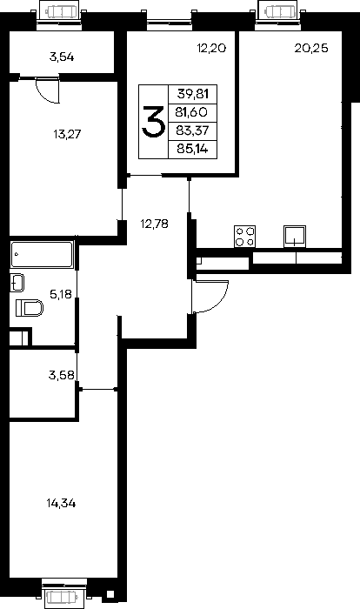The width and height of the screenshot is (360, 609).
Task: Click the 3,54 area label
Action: (62, 57)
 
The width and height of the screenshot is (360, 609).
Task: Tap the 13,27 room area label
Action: (67, 134)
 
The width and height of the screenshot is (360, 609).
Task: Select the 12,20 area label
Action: (211, 48)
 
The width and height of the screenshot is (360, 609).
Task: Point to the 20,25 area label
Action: (311, 48)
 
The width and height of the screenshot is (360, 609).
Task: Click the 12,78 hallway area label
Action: (154, 224)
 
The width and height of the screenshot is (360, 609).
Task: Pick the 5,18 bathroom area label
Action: (61, 294)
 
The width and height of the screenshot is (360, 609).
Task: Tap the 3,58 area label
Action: (62, 375)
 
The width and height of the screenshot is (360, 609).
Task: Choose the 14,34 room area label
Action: (61, 504)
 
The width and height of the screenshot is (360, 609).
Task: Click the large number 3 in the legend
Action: (153, 122)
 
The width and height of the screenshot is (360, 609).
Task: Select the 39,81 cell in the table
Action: (193, 94)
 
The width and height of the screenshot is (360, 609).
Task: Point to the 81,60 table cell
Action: (191, 112)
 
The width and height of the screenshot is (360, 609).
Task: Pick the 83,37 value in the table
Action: (192, 130)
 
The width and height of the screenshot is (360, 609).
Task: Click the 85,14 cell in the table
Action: (192, 149)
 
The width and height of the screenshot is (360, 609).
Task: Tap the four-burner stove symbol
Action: (244, 236)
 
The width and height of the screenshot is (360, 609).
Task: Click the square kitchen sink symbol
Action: (295, 236)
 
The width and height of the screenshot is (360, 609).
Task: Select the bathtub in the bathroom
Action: (42, 254)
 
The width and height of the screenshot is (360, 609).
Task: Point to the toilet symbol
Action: (30, 308)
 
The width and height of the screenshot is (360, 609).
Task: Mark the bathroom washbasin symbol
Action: (17, 283)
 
